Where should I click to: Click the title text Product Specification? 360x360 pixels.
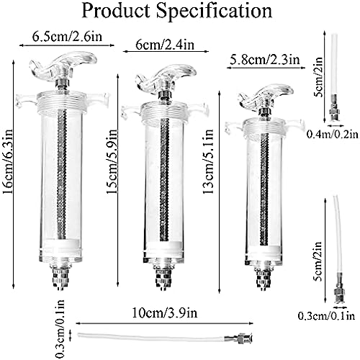[177, 11]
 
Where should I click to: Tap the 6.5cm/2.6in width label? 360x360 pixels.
[67, 37]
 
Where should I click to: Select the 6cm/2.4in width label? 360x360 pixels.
[165, 45]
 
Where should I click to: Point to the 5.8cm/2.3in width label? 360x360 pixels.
[265, 60]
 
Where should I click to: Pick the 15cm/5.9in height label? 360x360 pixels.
[112, 161]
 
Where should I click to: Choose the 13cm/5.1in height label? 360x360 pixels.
[208, 161]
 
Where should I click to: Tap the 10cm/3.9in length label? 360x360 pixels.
[165, 313]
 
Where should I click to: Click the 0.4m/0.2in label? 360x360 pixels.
[333, 134]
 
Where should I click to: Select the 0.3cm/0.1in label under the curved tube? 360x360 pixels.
[326, 316]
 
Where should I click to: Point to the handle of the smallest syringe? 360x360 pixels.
[265, 95]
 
